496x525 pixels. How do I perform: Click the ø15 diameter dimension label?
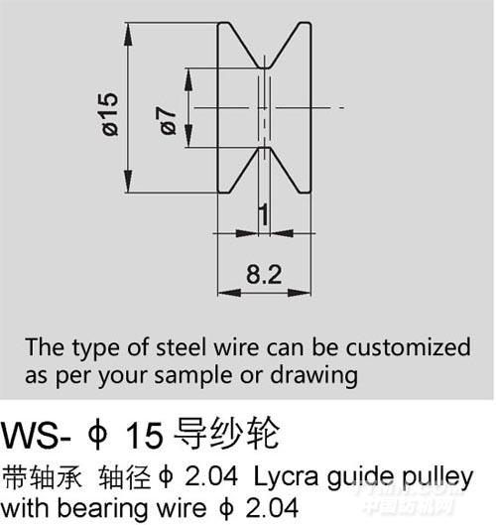click(110, 114)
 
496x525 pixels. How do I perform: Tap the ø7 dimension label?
click(168, 121)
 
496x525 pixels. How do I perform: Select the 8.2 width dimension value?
click(264, 275)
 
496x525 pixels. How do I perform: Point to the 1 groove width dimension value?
click(264, 214)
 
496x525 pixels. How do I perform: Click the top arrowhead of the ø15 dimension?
click(128, 34)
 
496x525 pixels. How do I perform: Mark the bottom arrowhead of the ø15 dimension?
click(128, 182)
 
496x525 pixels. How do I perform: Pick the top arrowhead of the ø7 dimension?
click(189, 79)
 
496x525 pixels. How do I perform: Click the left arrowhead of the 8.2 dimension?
click(229, 293)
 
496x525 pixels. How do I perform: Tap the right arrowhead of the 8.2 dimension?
click(300, 293)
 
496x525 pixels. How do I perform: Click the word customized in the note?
click(408, 347)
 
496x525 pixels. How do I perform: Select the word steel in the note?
click(181, 347)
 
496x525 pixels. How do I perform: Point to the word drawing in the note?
click(313, 376)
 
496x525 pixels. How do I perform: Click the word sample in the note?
click(193, 376)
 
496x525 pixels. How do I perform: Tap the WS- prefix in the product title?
click(36, 436)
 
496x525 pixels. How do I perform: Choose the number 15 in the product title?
click(144, 436)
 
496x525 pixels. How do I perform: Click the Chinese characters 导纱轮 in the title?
click(226, 435)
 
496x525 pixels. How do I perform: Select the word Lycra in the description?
click(286, 477)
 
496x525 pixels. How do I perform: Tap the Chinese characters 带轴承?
click(42, 476)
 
